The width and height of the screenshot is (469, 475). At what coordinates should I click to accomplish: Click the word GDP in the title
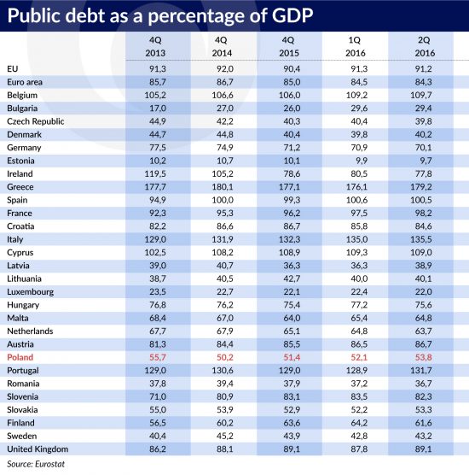point(292,15)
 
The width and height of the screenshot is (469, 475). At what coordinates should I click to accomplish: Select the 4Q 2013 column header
point(155,46)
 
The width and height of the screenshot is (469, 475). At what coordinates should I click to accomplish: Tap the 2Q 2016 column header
point(425,46)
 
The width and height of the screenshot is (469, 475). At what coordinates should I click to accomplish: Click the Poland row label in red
point(20,357)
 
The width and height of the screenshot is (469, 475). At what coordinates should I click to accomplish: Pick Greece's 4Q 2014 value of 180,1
point(223,186)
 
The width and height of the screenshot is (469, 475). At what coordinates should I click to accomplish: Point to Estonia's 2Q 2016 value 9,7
point(426,161)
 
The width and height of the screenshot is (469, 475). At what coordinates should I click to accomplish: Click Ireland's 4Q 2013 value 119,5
point(155,173)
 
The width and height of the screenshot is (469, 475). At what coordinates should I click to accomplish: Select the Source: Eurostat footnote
point(36,464)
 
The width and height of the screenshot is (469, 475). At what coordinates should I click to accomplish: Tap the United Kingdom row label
point(38,449)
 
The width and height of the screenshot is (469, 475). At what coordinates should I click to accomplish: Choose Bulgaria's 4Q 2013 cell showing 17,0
point(158,108)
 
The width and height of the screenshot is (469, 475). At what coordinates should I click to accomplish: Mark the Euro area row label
point(25,82)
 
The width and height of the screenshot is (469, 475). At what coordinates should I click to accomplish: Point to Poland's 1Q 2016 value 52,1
point(359,357)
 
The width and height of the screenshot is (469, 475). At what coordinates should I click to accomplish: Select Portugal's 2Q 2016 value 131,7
point(421,370)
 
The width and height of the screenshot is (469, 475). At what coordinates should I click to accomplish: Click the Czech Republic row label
point(35,121)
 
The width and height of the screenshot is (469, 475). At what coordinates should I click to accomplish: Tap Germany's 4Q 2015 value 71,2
point(292,148)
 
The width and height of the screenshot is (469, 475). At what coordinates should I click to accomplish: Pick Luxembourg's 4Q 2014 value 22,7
point(225,291)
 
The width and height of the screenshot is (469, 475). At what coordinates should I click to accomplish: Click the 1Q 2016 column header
point(356,46)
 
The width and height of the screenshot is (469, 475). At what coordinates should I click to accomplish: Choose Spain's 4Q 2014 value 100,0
point(223,200)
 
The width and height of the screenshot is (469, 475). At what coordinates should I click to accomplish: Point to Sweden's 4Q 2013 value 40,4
point(158,436)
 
